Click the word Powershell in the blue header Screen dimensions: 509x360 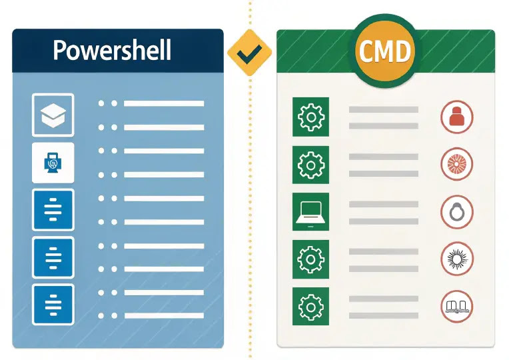click(112, 50)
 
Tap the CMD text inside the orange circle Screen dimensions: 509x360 click(385, 49)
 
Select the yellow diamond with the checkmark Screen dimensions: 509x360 click(249, 52)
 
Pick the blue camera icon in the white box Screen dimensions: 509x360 click(53, 163)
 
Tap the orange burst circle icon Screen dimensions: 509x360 click(457, 164)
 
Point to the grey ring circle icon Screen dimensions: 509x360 click(457, 212)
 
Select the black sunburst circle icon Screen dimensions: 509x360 click(457, 259)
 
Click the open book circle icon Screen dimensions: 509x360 click(457, 307)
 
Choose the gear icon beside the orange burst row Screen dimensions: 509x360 click(311, 164)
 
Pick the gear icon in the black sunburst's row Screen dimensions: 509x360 click(311, 259)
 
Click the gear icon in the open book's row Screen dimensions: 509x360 click(311, 307)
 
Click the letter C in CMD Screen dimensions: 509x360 click(366, 50)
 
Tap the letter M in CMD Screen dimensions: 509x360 click(386, 50)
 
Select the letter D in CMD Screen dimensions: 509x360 click(404, 50)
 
